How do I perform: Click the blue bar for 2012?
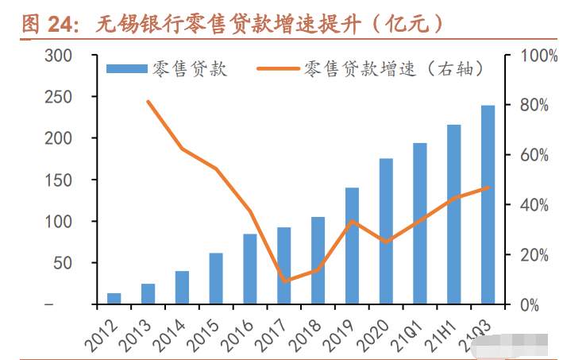pyautogui.click(x=114, y=299)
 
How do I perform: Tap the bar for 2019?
pyautogui.click(x=352, y=246)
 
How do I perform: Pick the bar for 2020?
pyautogui.click(x=386, y=231)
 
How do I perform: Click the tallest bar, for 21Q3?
pyautogui.click(x=488, y=205)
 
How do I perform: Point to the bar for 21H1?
pyautogui.click(x=453, y=215)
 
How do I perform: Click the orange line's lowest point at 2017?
pyautogui.click(x=284, y=281)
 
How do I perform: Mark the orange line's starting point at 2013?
pyautogui.click(x=148, y=102)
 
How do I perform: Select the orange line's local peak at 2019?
pyautogui.click(x=352, y=221)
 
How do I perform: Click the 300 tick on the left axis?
pyautogui.click(x=59, y=56)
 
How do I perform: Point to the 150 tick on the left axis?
pyautogui.click(x=59, y=180)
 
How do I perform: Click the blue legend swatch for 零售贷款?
pyautogui.click(x=127, y=69)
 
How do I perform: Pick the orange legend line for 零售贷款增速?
pyautogui.click(x=278, y=69)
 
